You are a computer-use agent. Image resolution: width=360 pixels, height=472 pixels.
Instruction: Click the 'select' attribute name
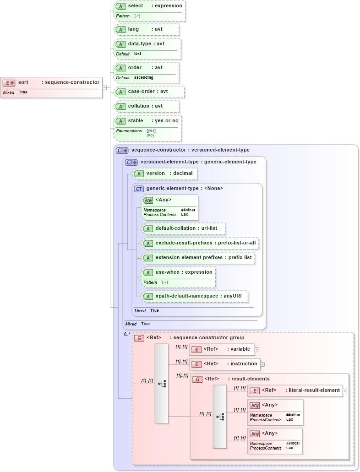tap(136, 6)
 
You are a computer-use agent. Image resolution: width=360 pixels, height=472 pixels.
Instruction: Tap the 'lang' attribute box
tap(146, 29)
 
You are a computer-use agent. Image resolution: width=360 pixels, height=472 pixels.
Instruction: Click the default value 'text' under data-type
tap(137, 54)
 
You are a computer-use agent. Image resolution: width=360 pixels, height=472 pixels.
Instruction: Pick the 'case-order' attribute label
tap(142, 92)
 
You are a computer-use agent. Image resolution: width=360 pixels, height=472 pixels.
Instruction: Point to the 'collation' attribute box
tap(146, 106)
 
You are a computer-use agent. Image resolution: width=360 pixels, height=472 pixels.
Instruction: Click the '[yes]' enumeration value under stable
tap(151, 130)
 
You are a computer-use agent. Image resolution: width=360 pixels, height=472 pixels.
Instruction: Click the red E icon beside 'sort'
tap(9, 83)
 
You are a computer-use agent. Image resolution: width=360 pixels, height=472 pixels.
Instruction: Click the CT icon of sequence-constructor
tap(122, 150)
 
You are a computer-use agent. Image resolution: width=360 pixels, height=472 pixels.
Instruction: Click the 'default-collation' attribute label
tap(177, 228)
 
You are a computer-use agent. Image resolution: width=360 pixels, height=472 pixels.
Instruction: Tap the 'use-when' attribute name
tap(167, 272)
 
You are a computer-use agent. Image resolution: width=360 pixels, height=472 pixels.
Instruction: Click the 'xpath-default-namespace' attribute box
tap(195, 297)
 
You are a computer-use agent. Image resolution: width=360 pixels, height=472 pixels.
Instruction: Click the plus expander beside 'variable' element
tap(257, 349)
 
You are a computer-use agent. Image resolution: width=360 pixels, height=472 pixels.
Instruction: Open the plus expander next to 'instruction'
tap(262, 364)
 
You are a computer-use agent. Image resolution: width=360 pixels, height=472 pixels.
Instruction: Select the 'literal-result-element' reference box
tap(295, 391)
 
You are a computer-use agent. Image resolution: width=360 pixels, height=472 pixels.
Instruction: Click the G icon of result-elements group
tap(197, 379)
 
